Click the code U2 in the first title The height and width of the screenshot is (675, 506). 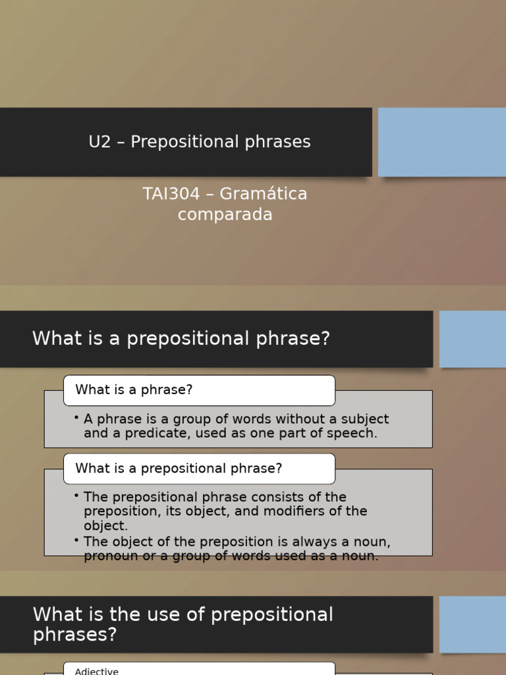coord(99,142)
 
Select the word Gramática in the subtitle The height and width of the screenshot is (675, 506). coord(264,194)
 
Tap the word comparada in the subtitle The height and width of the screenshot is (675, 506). coord(225,215)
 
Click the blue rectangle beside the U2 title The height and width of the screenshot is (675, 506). coord(441,142)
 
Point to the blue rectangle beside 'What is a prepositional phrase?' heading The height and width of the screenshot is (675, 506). coord(472,339)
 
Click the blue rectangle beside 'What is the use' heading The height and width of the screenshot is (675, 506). coord(472,624)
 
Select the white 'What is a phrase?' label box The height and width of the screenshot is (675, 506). coord(199,390)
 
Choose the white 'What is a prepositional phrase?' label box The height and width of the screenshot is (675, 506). coord(199,469)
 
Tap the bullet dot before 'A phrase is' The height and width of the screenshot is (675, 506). coord(76,418)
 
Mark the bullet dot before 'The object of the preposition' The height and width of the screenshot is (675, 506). coord(76,541)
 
